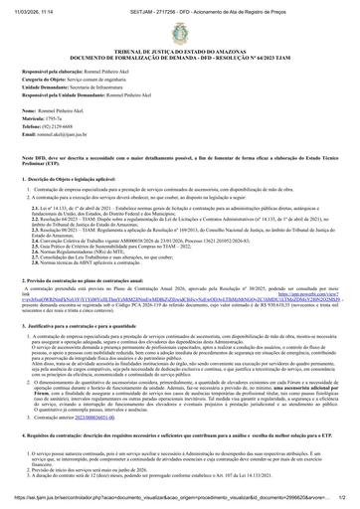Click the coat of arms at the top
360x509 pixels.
click(179, 34)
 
